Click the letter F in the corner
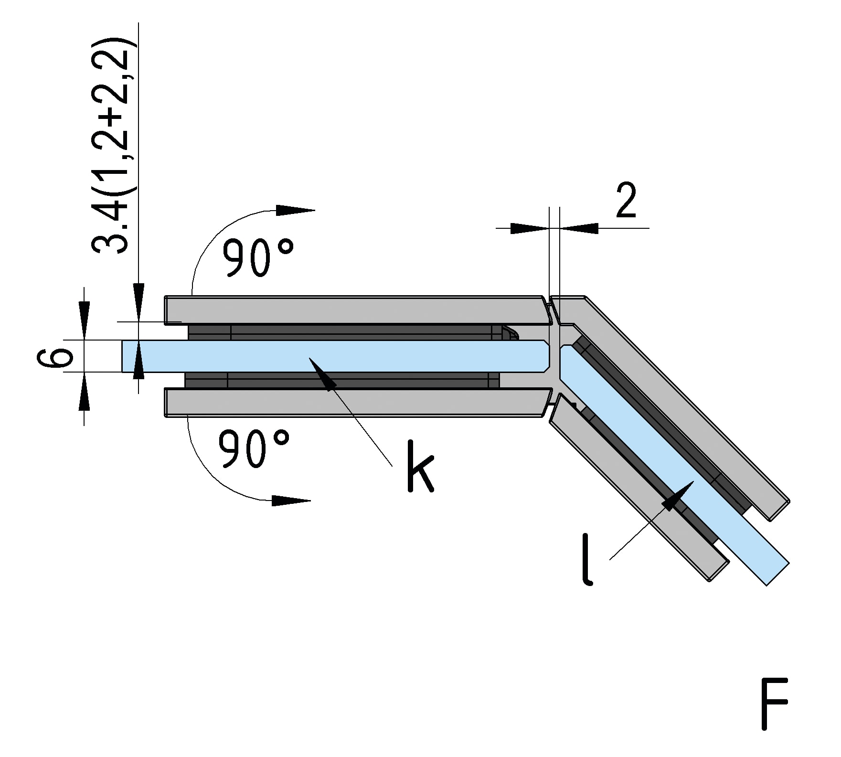tap(774, 710)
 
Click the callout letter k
tap(420, 466)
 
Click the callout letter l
tap(587, 559)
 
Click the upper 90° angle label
tap(258, 258)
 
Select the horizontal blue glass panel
tap(334, 356)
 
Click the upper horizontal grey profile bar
tap(353, 309)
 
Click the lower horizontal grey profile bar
tap(353, 402)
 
